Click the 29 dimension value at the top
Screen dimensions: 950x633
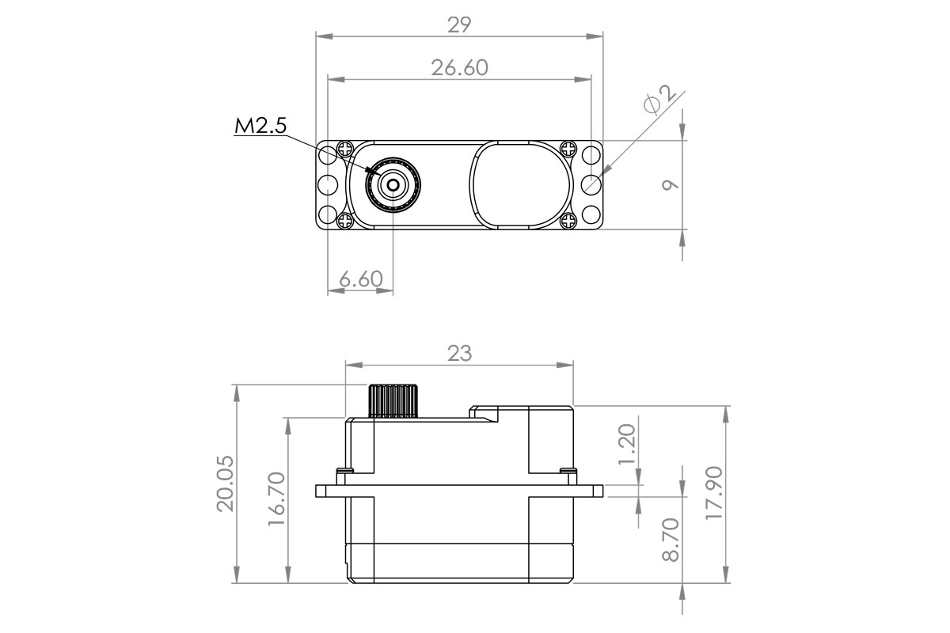point(459,25)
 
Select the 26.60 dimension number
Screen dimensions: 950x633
point(460,68)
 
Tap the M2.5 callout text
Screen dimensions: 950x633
point(260,126)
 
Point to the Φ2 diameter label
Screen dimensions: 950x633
point(659,100)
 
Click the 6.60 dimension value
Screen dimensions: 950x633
point(361,279)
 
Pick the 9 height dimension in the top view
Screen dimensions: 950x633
point(670,185)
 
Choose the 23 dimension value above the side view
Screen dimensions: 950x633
point(459,353)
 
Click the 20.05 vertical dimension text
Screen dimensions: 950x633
point(225,483)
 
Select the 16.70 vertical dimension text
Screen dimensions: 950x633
point(276,499)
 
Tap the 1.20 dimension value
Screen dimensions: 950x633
point(627,444)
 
